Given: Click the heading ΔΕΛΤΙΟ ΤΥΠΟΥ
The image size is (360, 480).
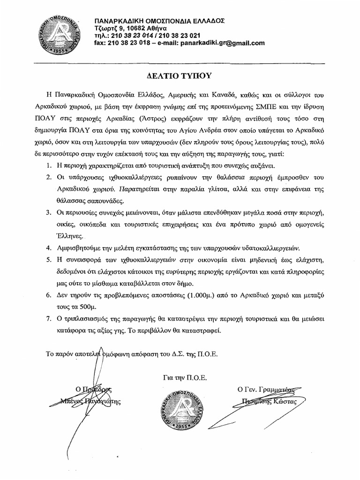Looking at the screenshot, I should click(180, 75).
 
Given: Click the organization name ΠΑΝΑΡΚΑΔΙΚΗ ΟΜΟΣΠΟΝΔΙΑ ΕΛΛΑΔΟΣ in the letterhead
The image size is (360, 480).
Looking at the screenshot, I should click(159, 21).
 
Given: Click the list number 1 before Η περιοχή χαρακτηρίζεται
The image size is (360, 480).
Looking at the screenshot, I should click(49, 166).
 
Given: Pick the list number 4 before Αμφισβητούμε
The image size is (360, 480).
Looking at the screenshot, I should click(49, 247).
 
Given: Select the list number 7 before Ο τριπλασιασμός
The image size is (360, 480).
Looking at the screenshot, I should click(49, 318).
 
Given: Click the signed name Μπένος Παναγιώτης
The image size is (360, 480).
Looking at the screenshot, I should click(91, 400).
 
